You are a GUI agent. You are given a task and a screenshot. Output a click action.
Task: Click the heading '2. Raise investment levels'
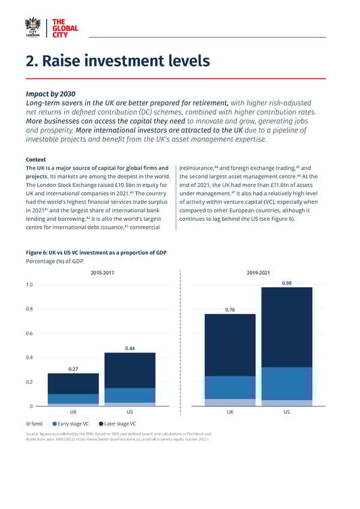[118, 61]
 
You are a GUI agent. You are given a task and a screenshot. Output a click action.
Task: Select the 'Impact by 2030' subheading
[50, 94]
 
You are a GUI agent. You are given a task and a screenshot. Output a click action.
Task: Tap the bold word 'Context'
[37, 160]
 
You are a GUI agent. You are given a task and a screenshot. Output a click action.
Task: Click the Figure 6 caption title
[96, 253]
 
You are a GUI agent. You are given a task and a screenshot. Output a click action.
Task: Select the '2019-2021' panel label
[259, 273]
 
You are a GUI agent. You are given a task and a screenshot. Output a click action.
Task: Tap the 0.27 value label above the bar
[72, 369]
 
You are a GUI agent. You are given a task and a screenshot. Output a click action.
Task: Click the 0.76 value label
[230, 310]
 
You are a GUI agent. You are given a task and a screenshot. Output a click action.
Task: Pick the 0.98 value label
[287, 283]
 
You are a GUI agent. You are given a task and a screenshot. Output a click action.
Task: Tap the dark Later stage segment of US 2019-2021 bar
[287, 327]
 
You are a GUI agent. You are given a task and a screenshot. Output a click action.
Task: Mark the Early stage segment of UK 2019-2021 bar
[230, 387]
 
